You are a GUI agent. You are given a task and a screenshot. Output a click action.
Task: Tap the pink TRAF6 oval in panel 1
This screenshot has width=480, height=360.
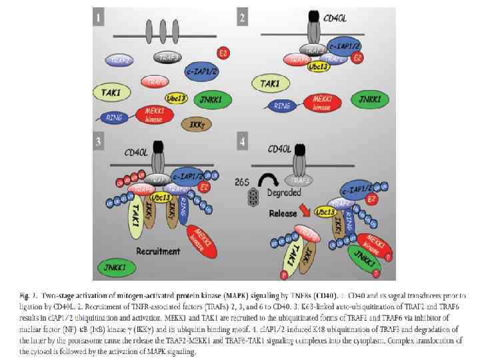[156, 82]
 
